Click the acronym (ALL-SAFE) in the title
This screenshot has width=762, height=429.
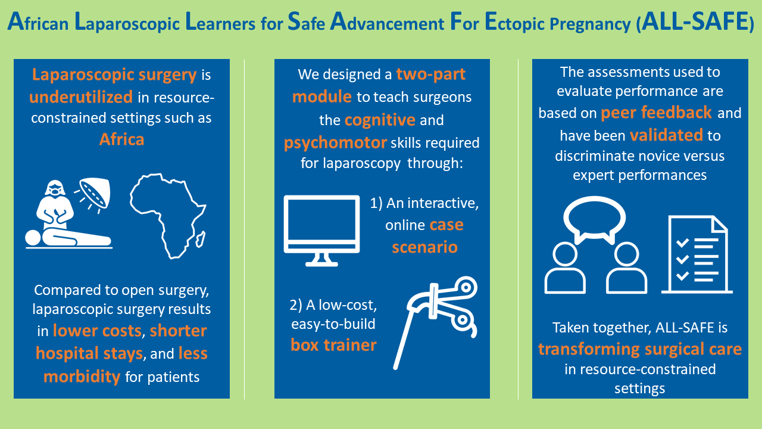695,22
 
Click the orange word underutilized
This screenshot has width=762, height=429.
81,97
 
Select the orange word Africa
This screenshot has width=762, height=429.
122,139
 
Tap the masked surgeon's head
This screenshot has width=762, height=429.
55,188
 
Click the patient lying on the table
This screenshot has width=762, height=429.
68,238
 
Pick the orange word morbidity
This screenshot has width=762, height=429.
82,377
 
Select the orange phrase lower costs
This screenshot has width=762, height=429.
97,331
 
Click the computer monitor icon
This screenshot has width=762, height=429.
321,231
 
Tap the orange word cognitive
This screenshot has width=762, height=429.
380,120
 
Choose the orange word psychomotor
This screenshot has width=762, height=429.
335,143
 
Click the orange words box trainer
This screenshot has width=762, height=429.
334,345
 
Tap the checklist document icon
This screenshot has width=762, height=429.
697,254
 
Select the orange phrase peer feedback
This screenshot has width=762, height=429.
656,113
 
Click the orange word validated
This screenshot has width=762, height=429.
666,135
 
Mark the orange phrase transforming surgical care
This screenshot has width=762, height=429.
640,349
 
